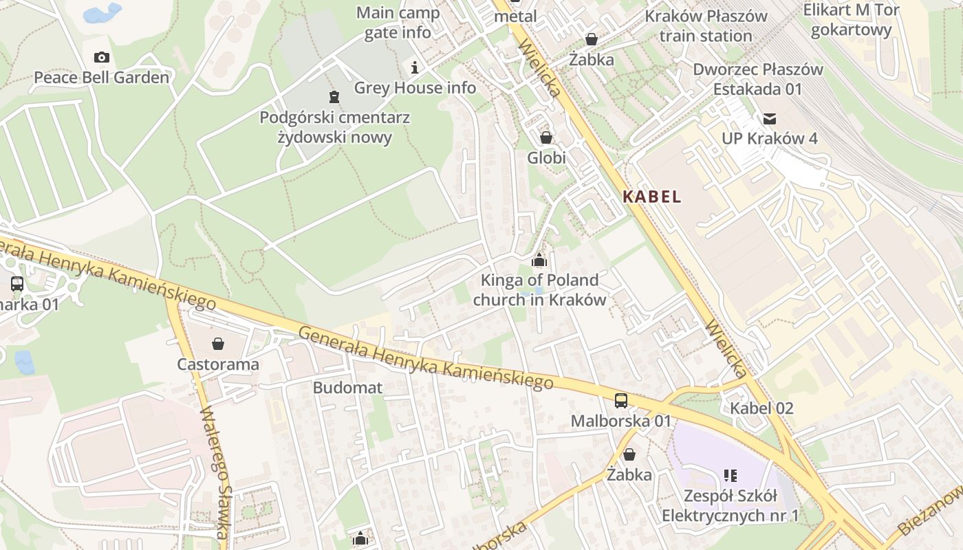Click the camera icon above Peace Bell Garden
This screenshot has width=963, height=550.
pos(102,57)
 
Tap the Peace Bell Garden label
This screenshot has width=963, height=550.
pos(102,78)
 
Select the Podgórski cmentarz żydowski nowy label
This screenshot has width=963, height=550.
pos(334,127)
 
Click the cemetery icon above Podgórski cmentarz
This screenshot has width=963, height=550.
pos(334,96)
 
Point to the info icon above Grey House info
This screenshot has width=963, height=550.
pos(415,67)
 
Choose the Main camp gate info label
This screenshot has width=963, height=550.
pos(398,23)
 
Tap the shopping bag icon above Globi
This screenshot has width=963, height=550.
pos(546,137)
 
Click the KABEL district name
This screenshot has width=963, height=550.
pos(651,197)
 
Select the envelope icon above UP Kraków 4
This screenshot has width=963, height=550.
pos(769,119)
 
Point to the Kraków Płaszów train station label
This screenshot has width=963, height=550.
pos(706,26)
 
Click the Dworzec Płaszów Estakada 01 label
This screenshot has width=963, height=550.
pos(757,79)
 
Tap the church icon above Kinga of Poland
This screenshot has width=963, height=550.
pos(539,260)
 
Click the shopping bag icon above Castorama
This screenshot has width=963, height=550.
pos(218,344)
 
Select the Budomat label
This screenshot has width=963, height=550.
pos(347,387)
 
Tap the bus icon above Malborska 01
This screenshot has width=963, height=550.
pos(620,400)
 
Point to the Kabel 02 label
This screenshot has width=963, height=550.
pos(761,408)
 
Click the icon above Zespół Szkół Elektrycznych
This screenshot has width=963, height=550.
pos(730,475)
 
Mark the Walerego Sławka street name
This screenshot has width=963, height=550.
pos(215,472)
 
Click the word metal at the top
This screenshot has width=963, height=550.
pos(515,16)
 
